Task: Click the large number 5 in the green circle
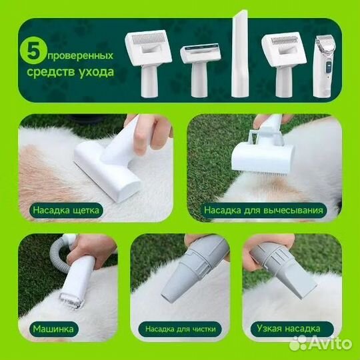[x=33, y=50]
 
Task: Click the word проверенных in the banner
[x=81, y=56]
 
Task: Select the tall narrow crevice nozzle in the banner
[x=240, y=54]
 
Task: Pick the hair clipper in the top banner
[x=323, y=66]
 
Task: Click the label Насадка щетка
[x=66, y=210]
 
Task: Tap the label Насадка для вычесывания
[x=263, y=210]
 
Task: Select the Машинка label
[x=53, y=329]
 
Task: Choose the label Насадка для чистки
[x=181, y=329]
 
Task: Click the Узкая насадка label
[x=289, y=329]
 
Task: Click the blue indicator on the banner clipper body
[x=329, y=67]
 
